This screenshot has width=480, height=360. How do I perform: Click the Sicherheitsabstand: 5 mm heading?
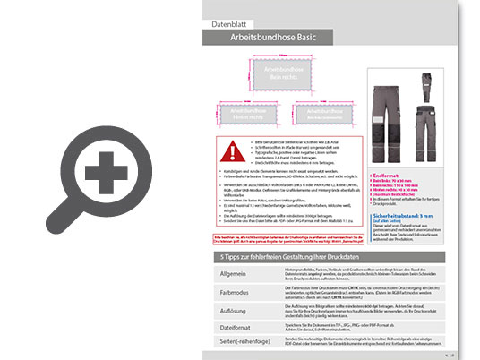click(x=415, y=216)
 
